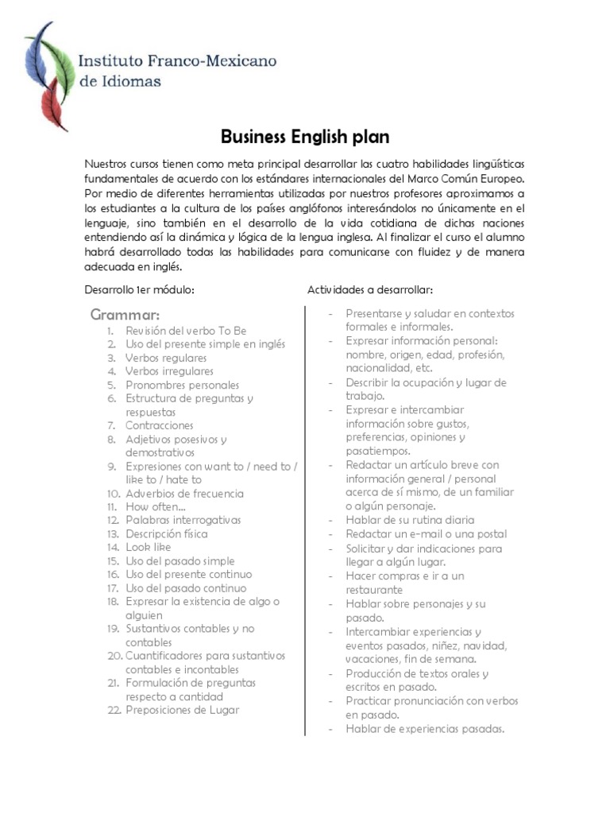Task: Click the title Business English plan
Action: pos(305,137)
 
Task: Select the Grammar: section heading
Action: pos(125,315)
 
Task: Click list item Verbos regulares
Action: pos(165,358)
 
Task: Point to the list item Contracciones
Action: pos(159,425)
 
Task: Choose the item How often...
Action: pos(156,506)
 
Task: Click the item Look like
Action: pos(148,547)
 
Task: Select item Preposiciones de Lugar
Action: pos(182,710)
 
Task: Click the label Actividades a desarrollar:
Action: pos(369,289)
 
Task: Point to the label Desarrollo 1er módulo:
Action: pos(139,289)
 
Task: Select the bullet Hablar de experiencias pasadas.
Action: pos(425,728)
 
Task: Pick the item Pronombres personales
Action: pos(182,385)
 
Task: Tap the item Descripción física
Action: pos(166,533)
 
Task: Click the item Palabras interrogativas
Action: pos(183,520)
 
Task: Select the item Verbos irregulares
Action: pos(169,371)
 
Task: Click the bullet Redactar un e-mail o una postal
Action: pos(426,534)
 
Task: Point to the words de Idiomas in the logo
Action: pos(120,80)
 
